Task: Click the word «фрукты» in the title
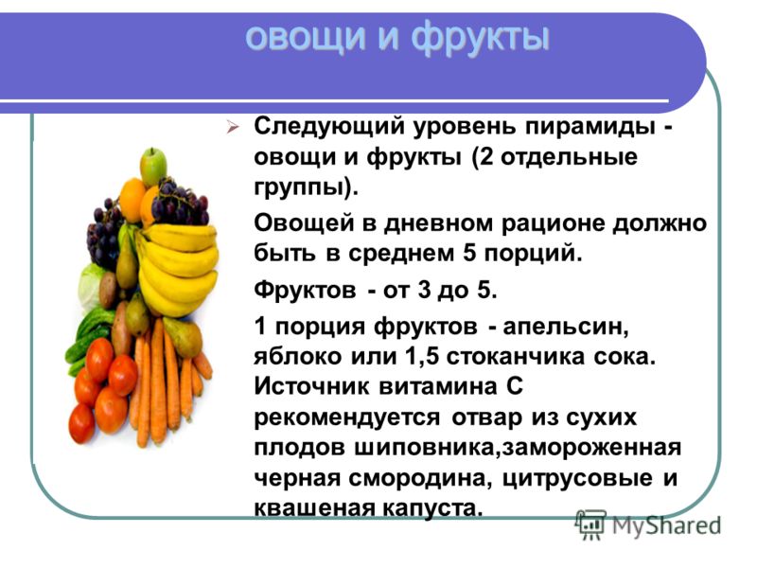pos(480,37)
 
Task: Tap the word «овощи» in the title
pos(306,37)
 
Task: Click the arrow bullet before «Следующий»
pos(233,128)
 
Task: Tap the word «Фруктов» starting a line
pos(305,291)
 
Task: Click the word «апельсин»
pos(566,328)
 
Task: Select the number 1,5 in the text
pos(421,358)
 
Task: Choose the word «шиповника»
pos(427,448)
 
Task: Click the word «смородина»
pos(419,479)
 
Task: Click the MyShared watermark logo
pos(648,525)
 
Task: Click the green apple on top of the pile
pos(153,167)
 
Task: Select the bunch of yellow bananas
pos(177,268)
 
